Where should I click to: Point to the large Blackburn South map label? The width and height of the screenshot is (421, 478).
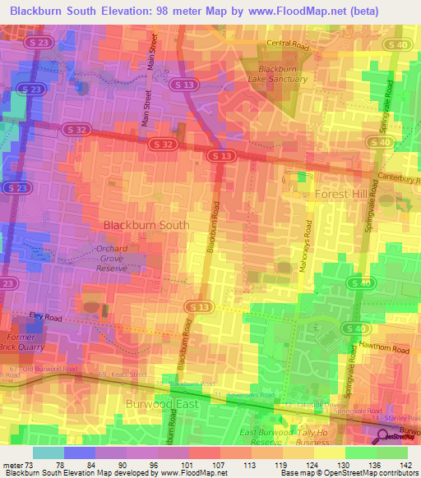tap(146, 224)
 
